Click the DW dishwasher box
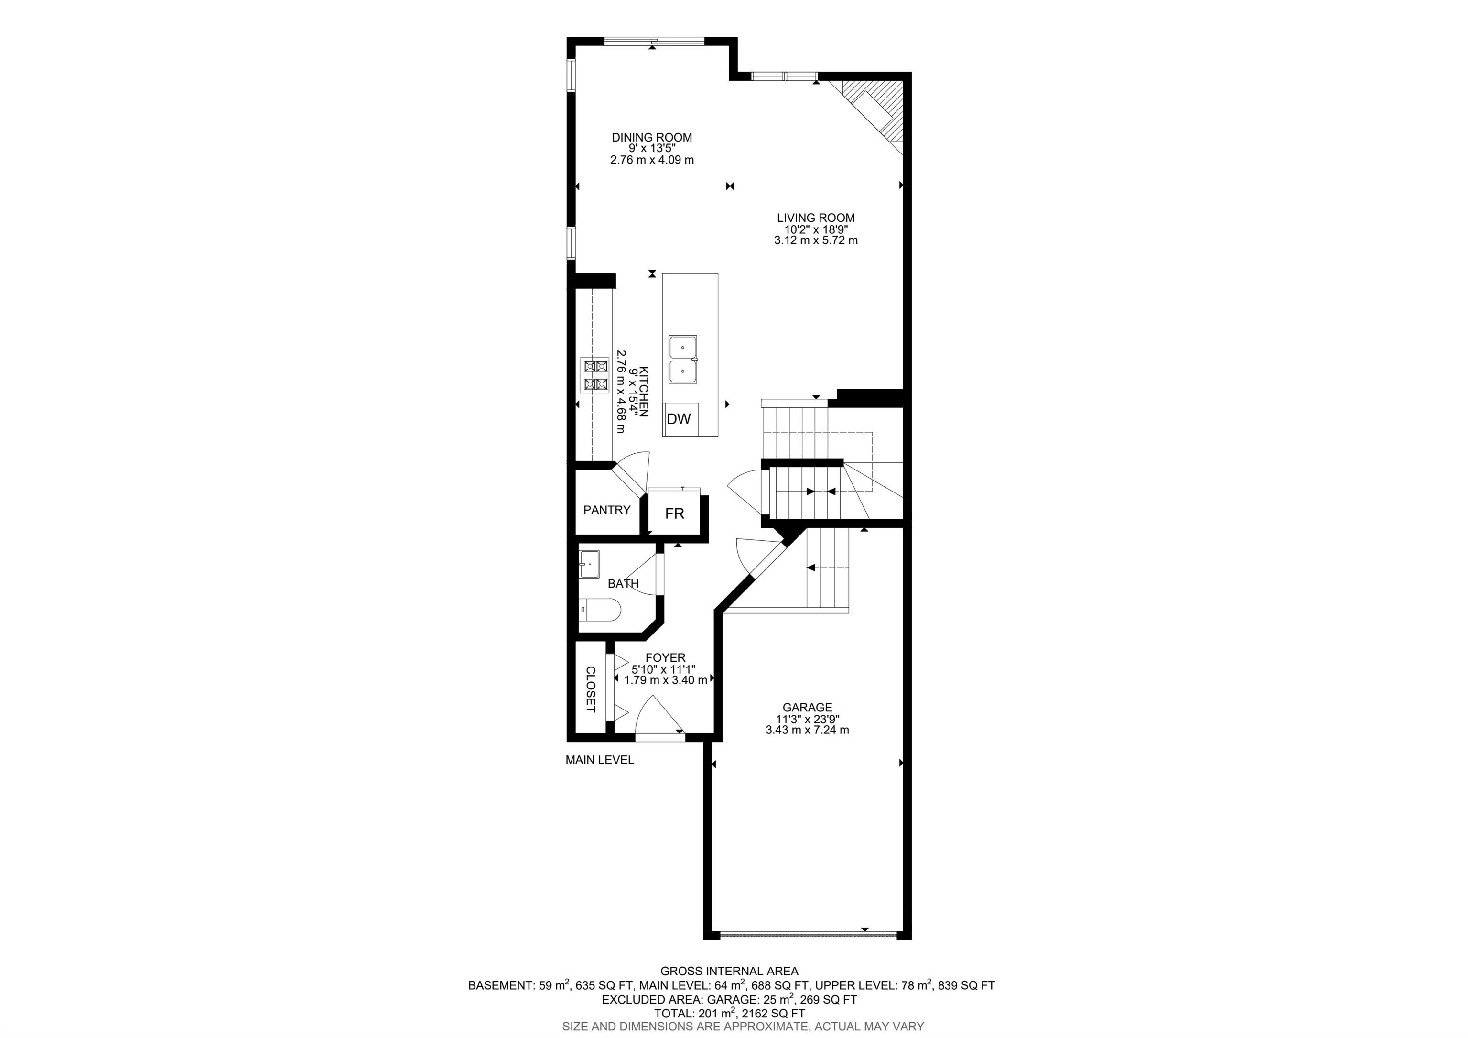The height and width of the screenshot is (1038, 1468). tap(680, 419)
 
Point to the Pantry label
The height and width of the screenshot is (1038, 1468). tap(607, 510)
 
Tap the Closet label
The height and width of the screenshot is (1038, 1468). tap(590, 689)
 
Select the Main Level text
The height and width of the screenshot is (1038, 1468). tap(600, 760)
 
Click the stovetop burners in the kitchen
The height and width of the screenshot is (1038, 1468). tap(146, 375)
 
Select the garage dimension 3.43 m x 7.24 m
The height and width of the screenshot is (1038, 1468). tap(807, 730)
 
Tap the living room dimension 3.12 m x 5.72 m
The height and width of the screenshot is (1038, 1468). tap(816, 240)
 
